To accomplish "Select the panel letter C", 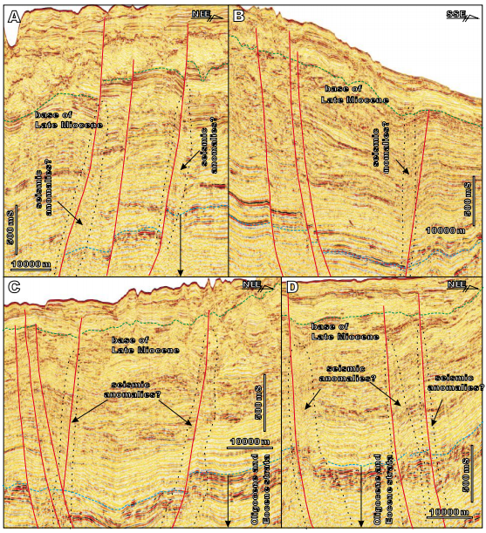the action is pos(13,288).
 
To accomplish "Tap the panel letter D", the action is pos(292,288).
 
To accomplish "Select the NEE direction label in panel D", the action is pos(456,284).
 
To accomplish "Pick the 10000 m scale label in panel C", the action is pos(247,442).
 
